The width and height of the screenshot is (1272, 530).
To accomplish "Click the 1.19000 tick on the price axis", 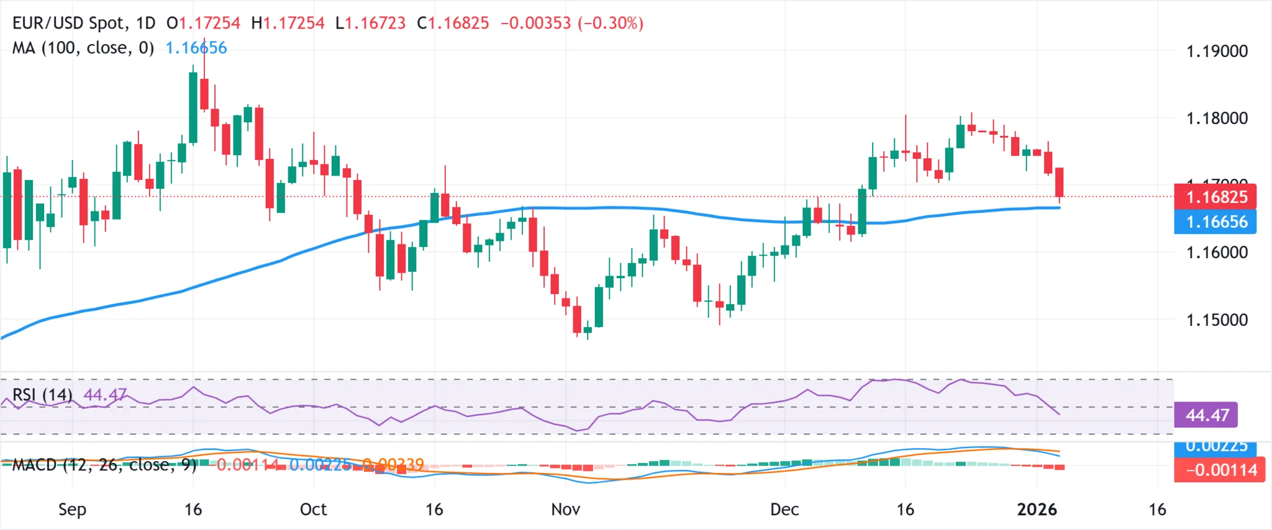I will (x=1216, y=51).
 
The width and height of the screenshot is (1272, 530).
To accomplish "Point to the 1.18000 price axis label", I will (x=1216, y=118).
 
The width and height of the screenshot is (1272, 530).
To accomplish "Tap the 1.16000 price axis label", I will (x=1216, y=253).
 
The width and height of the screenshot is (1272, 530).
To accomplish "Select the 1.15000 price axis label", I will (x=1216, y=320).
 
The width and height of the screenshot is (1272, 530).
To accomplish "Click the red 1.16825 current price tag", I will (x=1215, y=197).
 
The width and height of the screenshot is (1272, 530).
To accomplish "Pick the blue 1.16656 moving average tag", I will (x=1215, y=222).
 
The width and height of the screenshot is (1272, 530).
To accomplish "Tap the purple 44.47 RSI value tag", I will (x=1206, y=415).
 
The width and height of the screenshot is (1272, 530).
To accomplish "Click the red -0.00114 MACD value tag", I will (x=1219, y=470).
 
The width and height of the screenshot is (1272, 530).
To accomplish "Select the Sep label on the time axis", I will (x=72, y=510).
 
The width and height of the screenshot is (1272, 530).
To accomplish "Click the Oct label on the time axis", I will (x=313, y=510).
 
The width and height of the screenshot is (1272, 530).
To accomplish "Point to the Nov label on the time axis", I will (x=565, y=510).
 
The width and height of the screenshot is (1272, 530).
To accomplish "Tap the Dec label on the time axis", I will (x=784, y=510).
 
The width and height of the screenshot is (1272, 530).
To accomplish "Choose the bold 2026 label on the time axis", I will (x=1037, y=510).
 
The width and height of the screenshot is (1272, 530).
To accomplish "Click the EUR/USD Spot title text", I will (x=68, y=23).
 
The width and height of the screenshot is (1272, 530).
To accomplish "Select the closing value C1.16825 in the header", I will (x=453, y=23).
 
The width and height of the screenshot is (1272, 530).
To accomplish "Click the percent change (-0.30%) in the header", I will (x=611, y=23).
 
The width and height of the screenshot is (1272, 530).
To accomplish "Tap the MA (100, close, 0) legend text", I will (x=83, y=48).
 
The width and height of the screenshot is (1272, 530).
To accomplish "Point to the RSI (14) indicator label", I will (x=42, y=395).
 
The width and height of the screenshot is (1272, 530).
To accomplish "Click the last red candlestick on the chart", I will (x=1059, y=182).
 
